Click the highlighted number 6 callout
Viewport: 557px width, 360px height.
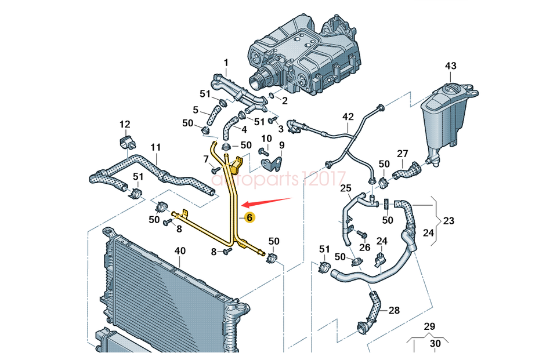(x=249, y=218)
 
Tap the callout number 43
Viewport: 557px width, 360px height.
(x=451, y=66)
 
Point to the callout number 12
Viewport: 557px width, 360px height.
(x=125, y=124)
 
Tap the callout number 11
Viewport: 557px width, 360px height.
(x=155, y=147)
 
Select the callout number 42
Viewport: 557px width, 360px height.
(x=348, y=117)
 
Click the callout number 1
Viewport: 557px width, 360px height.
(x=226, y=63)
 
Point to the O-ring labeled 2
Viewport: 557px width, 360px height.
(x=270, y=95)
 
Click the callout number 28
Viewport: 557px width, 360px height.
(x=394, y=311)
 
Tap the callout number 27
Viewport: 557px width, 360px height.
(x=403, y=154)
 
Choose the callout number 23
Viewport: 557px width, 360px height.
(x=449, y=220)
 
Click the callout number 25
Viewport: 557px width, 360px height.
(x=345, y=188)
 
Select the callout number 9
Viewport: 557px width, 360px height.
(x=282, y=146)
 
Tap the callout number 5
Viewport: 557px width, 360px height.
(x=196, y=110)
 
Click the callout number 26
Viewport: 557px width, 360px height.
(x=364, y=248)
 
